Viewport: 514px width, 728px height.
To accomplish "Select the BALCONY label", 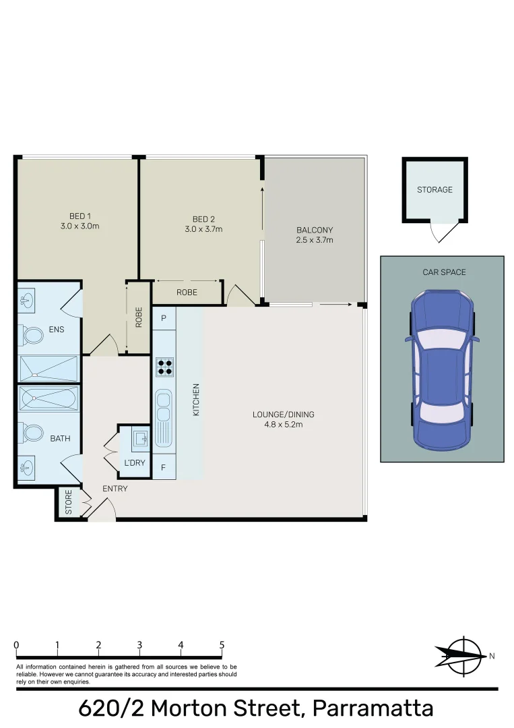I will [x=315, y=230].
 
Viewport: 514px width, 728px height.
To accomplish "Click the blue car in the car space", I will [x=442, y=370].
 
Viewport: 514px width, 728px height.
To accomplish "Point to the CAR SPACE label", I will [x=444, y=272].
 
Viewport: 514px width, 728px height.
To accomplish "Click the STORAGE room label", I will [x=435, y=190].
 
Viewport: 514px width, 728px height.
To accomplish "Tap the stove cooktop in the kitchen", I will [x=164, y=367].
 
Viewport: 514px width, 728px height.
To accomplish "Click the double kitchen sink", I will [x=164, y=418].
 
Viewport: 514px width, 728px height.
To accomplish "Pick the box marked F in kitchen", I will [x=164, y=466].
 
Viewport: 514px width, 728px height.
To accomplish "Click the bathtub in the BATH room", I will [x=49, y=400].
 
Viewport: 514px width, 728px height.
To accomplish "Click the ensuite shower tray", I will [x=49, y=369].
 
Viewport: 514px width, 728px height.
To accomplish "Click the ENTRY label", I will [x=115, y=489].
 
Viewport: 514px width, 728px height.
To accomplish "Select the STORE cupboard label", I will [x=68, y=503].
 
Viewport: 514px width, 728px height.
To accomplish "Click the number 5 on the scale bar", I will [x=222, y=645].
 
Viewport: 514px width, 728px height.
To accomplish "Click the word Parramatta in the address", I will [x=373, y=709].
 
